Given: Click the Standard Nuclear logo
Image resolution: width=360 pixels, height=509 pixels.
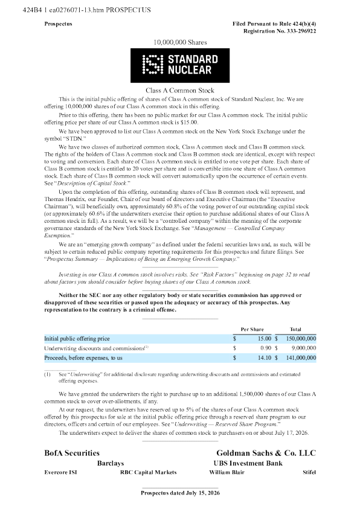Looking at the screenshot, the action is [180, 65].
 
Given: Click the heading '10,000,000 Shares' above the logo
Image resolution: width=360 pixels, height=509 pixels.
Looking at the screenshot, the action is [180, 42].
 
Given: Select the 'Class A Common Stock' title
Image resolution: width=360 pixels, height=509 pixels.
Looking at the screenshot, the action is [180, 90].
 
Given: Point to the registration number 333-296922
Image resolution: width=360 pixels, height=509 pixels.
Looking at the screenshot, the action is [301, 31].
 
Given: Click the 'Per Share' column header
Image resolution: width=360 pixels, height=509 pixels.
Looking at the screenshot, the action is [252, 329].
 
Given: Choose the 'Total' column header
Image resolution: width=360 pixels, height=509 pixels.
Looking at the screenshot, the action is [295, 329].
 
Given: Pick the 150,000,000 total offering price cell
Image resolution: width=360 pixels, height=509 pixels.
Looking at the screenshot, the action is [301, 339].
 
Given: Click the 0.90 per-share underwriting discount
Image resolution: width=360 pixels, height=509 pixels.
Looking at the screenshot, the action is [266, 348].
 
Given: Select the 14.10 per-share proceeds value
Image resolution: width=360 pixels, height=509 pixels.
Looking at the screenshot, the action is [265, 357].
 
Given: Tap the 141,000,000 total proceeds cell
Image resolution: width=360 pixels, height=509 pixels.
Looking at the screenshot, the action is [301, 357].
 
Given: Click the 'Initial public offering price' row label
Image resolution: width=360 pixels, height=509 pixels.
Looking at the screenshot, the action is [77, 339].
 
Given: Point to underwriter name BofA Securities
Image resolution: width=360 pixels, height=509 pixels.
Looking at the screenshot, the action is [72, 453].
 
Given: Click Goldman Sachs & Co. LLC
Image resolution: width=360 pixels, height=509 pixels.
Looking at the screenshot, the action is [266, 453].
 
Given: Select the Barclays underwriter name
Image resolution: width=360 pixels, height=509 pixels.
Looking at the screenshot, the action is [111, 463].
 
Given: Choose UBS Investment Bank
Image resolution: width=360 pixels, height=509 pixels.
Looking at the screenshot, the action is [248, 463].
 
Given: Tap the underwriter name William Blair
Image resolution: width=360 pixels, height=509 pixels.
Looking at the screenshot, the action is [227, 472].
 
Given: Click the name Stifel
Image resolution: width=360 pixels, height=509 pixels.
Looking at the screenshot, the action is [309, 472].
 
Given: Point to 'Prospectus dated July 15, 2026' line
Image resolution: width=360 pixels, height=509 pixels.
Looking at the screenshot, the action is [180, 493].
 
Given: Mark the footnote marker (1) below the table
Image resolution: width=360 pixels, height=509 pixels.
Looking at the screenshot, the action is [47, 374].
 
